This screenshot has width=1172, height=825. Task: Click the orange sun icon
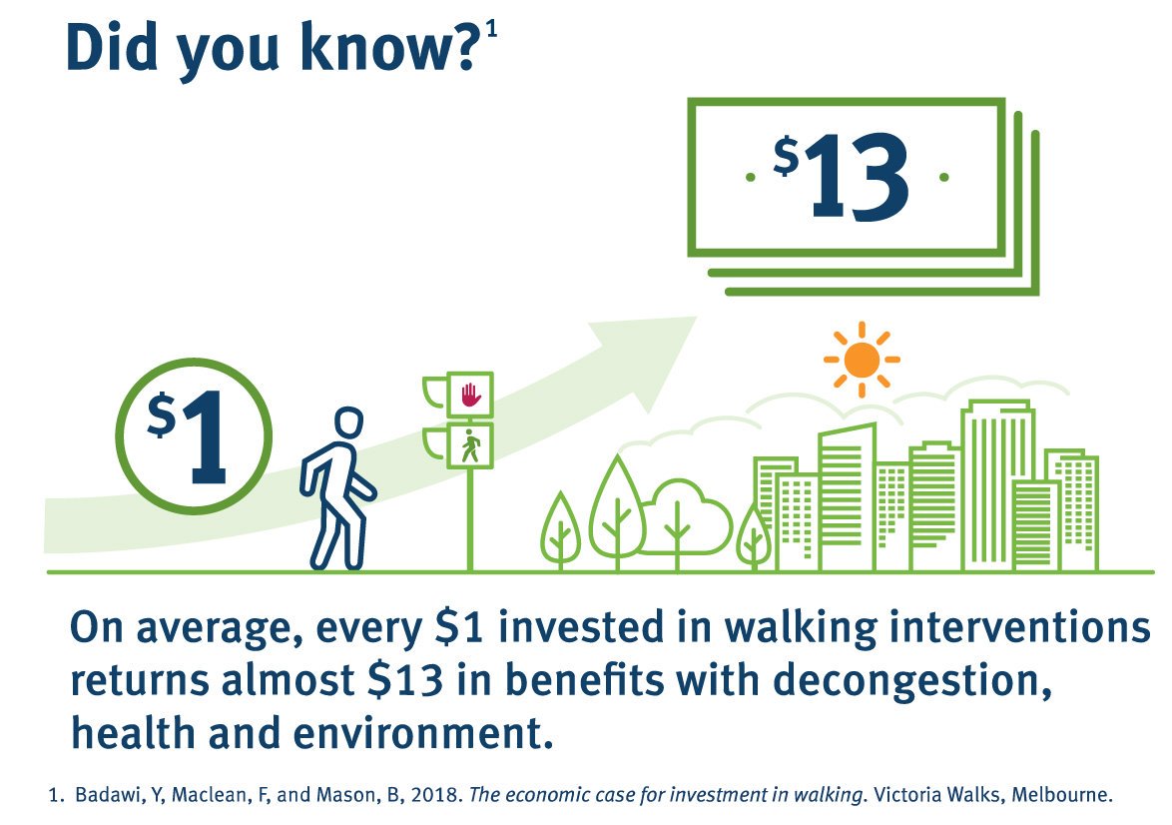pos(862,359)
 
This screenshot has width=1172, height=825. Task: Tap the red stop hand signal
pos(470,396)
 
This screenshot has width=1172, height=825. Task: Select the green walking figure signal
pos(470,445)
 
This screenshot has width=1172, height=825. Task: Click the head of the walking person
pos(346,424)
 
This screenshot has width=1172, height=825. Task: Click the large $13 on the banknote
pos(844,177)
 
